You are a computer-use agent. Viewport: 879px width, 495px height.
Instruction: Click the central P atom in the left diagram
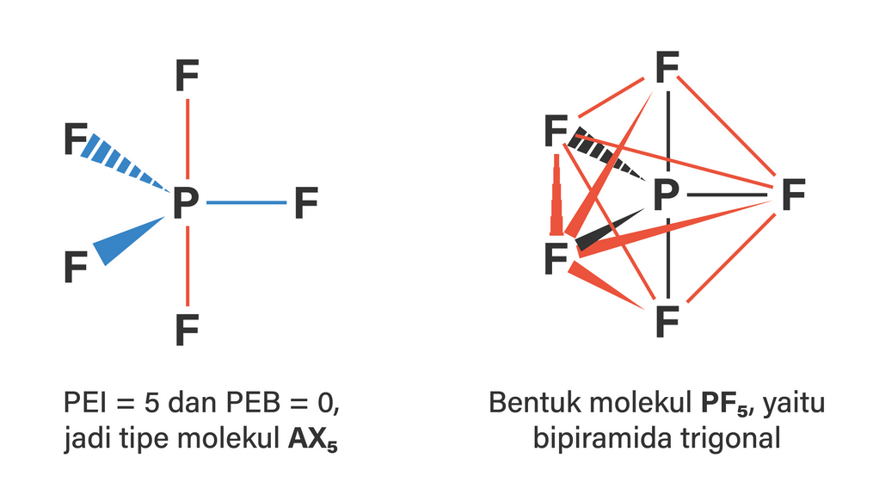click(186, 202)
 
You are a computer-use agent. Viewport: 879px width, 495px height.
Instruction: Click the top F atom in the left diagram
click(187, 75)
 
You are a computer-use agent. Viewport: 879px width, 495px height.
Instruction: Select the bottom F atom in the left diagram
click(187, 330)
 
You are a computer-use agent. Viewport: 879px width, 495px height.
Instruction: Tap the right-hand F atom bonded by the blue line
click(306, 202)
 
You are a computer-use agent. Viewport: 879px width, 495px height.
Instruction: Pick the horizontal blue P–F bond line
click(246, 202)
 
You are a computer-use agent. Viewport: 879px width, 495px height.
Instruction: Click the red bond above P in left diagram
click(187, 139)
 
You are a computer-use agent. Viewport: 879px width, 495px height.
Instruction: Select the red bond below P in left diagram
click(187, 266)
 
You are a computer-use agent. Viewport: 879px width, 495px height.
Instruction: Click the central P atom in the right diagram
click(666, 195)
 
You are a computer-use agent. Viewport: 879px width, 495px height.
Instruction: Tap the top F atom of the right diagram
click(667, 67)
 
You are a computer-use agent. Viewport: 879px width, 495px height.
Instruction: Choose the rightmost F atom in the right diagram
click(793, 195)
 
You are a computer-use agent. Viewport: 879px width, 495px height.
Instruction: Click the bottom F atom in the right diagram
click(667, 322)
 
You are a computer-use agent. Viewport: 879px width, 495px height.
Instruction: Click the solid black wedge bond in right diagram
click(610, 230)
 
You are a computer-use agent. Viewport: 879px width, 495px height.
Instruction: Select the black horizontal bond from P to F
click(727, 195)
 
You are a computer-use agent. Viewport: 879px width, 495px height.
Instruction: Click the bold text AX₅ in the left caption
click(313, 438)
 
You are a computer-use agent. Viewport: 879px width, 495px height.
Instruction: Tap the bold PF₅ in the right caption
click(725, 403)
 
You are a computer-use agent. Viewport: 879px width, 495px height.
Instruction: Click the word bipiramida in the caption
click(603, 438)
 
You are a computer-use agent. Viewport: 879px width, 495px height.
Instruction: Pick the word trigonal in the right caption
click(731, 438)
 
